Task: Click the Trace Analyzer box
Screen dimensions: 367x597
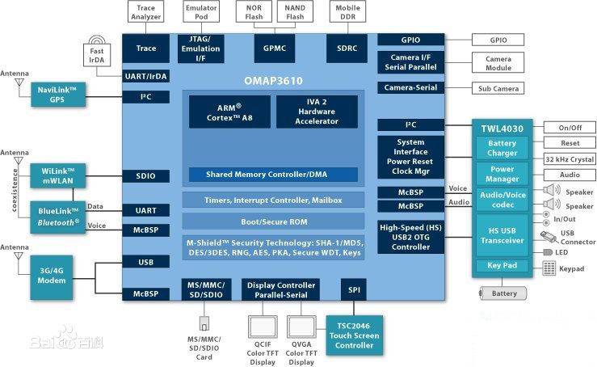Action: [x=146, y=12]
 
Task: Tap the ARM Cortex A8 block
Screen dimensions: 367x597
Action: [x=229, y=112]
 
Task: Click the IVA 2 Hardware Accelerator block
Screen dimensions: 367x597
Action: [x=316, y=112]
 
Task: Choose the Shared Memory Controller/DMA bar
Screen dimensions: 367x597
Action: [x=273, y=175]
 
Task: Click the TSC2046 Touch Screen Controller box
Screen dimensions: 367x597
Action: [x=354, y=335]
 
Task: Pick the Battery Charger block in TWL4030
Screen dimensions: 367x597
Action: [x=502, y=148]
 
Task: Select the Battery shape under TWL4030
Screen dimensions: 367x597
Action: [x=504, y=293]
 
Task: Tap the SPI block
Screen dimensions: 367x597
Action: [x=354, y=289]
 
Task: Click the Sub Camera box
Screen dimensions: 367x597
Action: [x=498, y=88]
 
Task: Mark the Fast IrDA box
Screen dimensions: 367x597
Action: [x=97, y=55]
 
